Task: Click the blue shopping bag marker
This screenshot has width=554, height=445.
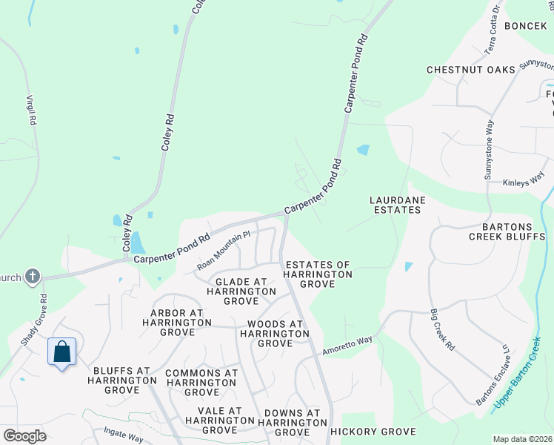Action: point(62,352)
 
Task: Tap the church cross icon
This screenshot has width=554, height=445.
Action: point(32,277)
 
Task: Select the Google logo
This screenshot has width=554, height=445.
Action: point(24,436)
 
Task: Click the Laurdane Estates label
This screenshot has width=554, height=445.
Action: point(396,205)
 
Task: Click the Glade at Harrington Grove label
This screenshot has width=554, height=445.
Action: point(241,291)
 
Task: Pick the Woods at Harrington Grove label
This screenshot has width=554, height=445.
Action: point(275,334)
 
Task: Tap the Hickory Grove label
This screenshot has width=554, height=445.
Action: point(373,432)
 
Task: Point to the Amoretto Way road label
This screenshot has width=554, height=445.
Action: point(347,345)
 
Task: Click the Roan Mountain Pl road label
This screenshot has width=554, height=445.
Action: point(224,251)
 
